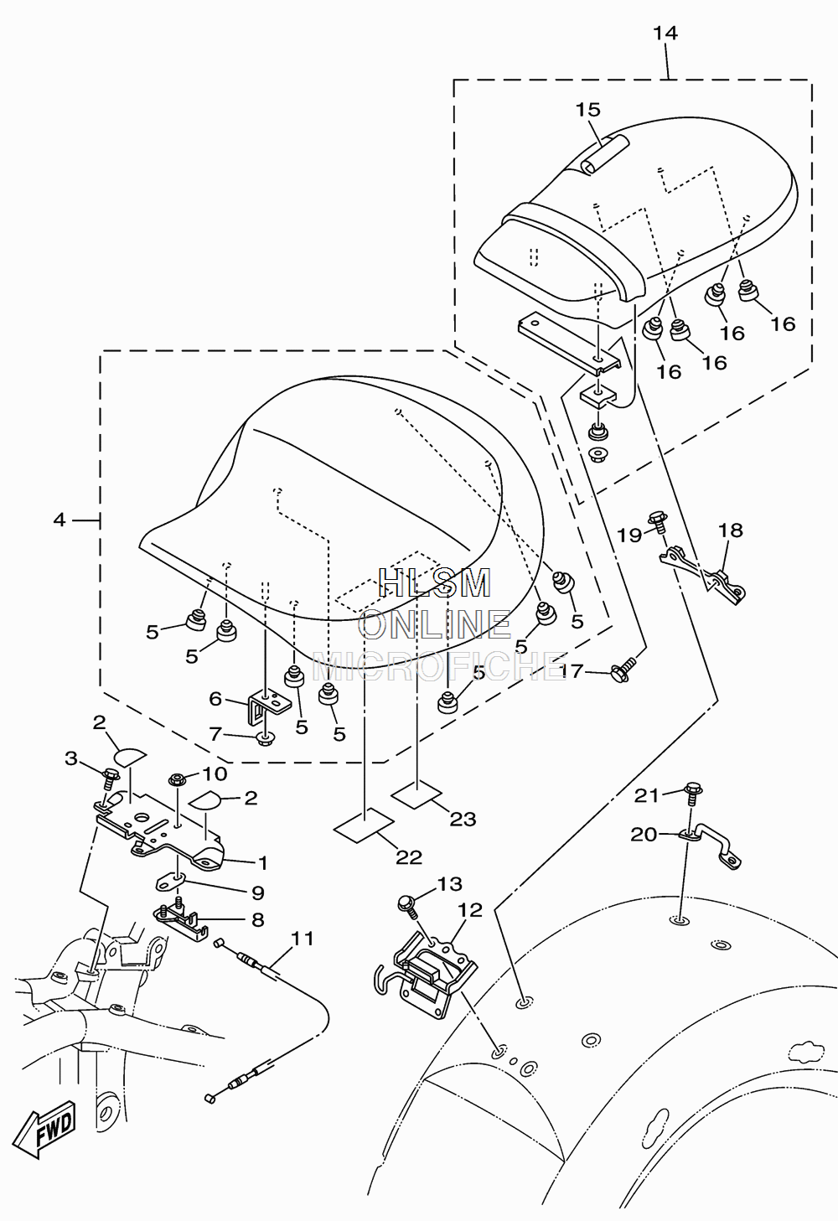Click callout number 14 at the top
pyautogui.click(x=665, y=34)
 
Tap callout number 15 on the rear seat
pyautogui.click(x=587, y=110)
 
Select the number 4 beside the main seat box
pyautogui.click(x=59, y=520)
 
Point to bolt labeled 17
pyautogui.click(x=624, y=670)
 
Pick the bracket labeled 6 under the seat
pyautogui.click(x=268, y=707)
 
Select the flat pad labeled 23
pyautogui.click(x=417, y=794)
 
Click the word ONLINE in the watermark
pyautogui.click(x=435, y=625)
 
